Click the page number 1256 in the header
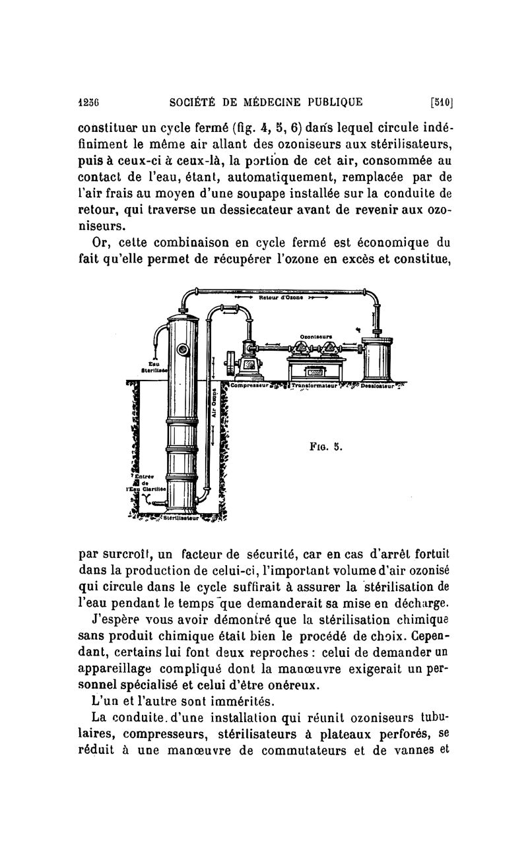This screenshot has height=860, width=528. pyautogui.click(x=88, y=102)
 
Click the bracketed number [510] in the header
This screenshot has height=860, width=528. pyautogui.click(x=440, y=102)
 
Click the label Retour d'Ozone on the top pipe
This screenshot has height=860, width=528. pyautogui.click(x=283, y=297)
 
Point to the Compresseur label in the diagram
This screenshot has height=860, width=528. pyautogui.click(x=247, y=385)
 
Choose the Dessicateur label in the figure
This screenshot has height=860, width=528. pyautogui.click(x=378, y=385)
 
